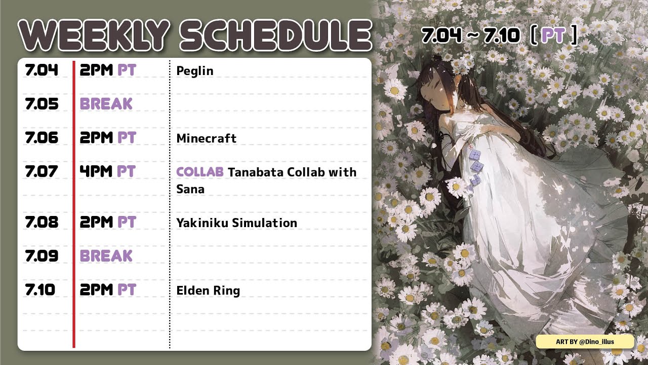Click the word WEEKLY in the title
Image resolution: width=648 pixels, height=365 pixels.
[94, 35]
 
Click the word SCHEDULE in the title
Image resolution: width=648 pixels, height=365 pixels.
[276, 35]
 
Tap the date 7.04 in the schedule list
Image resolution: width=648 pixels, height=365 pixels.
[42, 70]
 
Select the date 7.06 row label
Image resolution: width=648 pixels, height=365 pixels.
[42, 137]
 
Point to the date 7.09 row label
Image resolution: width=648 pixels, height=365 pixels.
[42, 256]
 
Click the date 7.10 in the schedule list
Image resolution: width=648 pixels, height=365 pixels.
[40, 289]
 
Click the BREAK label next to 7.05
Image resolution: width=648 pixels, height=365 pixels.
[106, 104]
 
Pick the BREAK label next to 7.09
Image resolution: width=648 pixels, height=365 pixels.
[106, 256]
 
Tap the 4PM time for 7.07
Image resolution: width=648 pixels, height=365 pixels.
[96, 171]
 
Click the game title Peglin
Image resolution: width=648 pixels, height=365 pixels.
[195, 71]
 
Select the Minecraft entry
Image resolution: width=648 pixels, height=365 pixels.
[206, 138]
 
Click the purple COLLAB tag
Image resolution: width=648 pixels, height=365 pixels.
[200, 172]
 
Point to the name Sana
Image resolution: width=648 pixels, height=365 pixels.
[190, 189]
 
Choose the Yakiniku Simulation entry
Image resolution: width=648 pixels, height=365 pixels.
[236, 223]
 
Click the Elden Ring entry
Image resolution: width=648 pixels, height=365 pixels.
[208, 291]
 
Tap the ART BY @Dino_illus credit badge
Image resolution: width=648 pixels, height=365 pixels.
[585, 342]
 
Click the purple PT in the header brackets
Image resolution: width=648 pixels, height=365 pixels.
[553, 35]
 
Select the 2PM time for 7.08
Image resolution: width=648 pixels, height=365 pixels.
[96, 222]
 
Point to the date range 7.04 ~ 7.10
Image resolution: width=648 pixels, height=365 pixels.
[470, 36]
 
